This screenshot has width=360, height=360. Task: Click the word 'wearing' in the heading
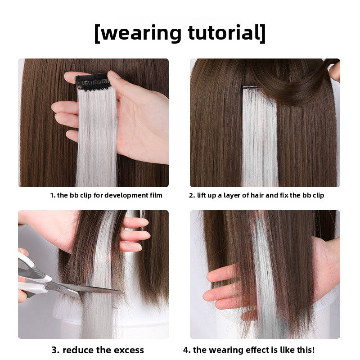click(141, 34)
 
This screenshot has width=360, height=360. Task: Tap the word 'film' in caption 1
click(156, 195)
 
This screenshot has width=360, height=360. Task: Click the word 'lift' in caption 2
click(201, 195)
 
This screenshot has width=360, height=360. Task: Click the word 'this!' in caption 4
click(306, 350)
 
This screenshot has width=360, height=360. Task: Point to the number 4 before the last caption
click(186, 350)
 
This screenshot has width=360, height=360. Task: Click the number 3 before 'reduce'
click(55, 351)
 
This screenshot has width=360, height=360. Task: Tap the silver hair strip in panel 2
click(260, 138)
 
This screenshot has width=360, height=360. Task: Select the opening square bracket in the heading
click(97, 33)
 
